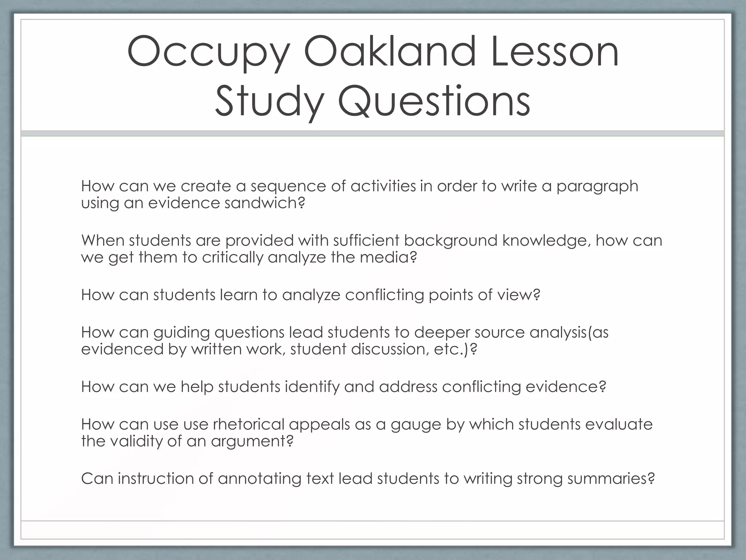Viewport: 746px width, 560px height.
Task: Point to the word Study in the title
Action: point(269,101)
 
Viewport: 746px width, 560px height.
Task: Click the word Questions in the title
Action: point(433,101)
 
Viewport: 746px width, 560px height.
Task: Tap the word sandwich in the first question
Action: point(264,203)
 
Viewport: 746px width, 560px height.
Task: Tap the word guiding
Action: point(181,333)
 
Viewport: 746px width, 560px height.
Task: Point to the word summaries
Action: point(610,479)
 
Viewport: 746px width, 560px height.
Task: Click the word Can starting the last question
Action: point(97,479)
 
